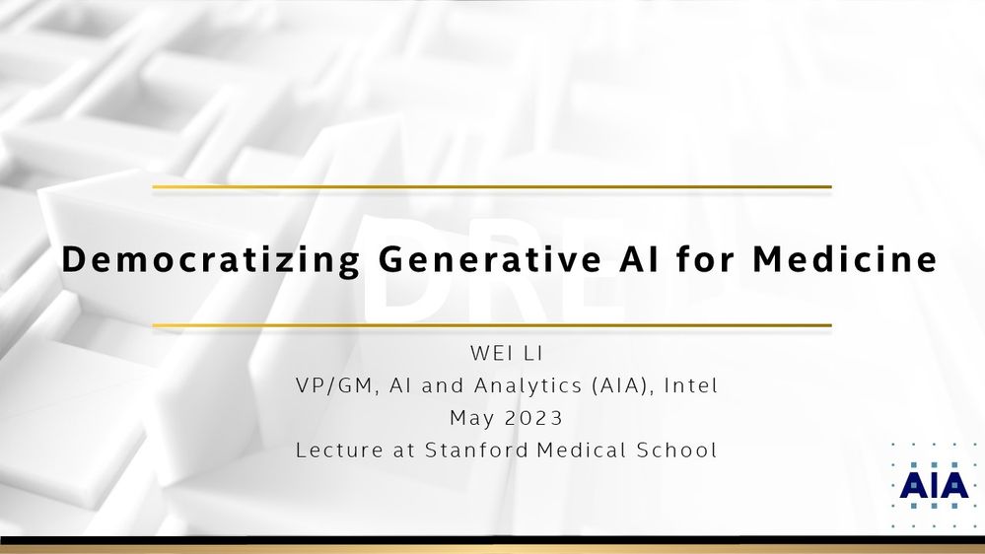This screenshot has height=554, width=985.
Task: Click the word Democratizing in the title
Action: click(210, 260)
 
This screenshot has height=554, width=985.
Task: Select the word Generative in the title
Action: click(490, 259)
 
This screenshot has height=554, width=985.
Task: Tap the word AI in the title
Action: click(640, 259)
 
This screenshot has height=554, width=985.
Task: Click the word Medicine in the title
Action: click(845, 258)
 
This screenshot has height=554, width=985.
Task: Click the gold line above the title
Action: click(492, 186)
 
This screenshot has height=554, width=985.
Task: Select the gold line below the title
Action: click(492, 325)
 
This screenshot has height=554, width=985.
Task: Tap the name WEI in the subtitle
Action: click(491, 353)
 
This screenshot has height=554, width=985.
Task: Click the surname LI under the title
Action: click(533, 353)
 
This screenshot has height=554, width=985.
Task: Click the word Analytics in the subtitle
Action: click(528, 385)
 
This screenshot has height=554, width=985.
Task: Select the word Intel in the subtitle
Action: click(691, 384)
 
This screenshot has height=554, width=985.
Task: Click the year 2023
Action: click(533, 418)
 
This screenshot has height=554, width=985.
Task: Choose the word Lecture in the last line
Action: click(339, 450)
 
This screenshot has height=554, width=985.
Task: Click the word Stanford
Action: click(476, 450)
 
